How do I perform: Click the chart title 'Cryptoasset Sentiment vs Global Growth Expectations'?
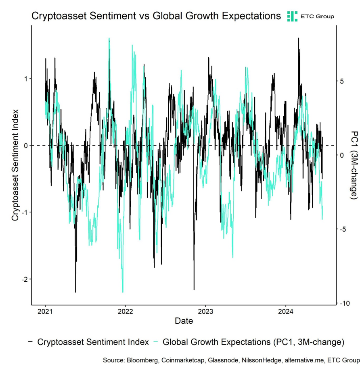(x=156, y=16)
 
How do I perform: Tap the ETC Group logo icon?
(x=292, y=16)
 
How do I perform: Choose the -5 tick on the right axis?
(x=343, y=229)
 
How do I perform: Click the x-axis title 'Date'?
(x=184, y=321)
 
